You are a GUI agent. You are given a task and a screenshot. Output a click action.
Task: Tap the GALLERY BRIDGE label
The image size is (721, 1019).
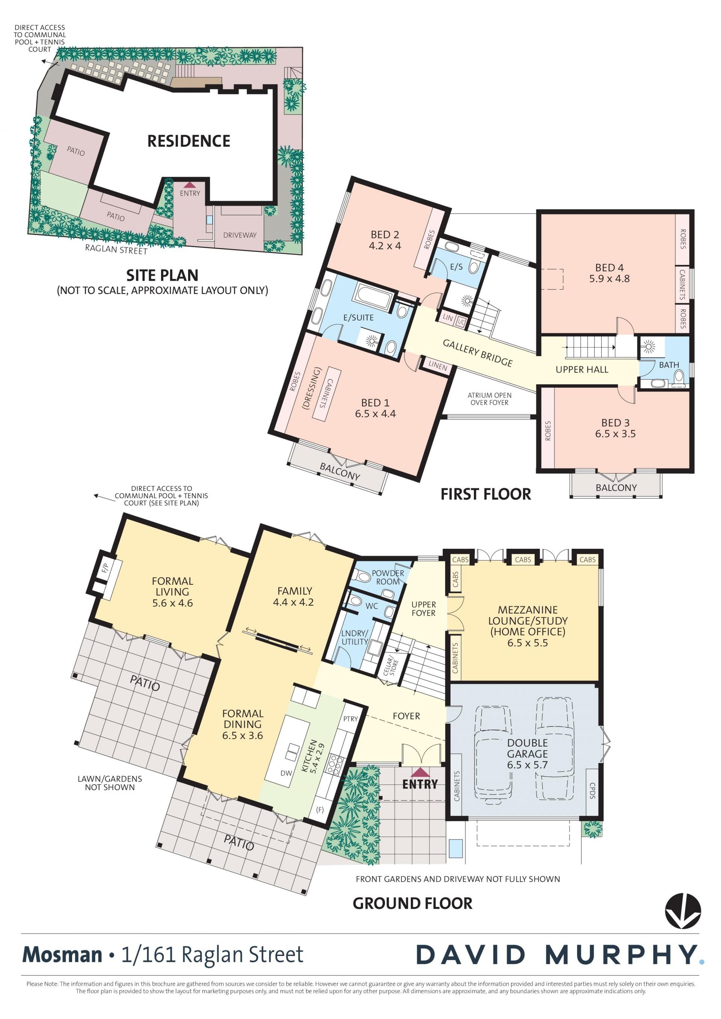tap(478, 353)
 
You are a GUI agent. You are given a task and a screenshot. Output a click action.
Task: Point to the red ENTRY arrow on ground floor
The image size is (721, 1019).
tap(420, 772)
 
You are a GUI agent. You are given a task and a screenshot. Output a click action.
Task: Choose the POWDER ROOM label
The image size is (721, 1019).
tap(388, 577)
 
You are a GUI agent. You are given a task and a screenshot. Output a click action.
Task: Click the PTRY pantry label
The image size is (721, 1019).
tap(350, 718)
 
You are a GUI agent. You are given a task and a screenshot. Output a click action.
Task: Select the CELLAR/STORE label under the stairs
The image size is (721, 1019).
tap(391, 666)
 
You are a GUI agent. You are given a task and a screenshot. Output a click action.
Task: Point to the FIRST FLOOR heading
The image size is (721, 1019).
tap(486, 494)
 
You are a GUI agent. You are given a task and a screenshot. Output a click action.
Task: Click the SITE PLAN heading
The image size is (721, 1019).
tap(163, 275)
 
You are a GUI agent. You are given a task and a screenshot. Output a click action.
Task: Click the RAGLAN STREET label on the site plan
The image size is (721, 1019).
tap(116, 250)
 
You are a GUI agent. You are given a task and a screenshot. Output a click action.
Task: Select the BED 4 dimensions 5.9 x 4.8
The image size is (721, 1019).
tap(609, 279)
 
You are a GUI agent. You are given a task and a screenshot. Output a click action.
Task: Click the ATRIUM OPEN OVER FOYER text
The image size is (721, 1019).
tap(489, 399)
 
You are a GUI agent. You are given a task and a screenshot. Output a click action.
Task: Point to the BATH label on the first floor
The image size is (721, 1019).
tap(669, 365)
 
